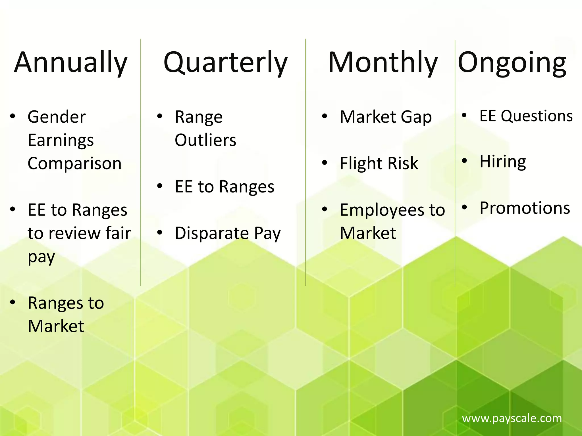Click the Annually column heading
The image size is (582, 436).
(71, 62)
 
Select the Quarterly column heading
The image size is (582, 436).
(225, 62)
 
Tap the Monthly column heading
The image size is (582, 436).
(383, 62)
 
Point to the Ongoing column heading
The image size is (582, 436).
(512, 62)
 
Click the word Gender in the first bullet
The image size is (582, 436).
(57, 117)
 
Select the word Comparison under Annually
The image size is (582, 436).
(74, 163)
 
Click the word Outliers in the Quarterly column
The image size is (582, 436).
(205, 140)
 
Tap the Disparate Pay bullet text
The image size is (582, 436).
(228, 233)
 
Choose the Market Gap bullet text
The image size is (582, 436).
(386, 117)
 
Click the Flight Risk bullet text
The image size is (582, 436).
(379, 163)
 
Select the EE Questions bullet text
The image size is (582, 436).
(526, 116)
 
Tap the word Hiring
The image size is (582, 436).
(503, 162)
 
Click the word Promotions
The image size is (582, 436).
(525, 208)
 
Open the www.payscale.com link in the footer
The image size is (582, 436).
(512, 418)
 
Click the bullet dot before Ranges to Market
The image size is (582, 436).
(13, 303)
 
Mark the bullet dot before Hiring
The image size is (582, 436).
(464, 161)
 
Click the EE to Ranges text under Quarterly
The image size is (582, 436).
(225, 187)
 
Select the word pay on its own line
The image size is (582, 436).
(41, 257)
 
